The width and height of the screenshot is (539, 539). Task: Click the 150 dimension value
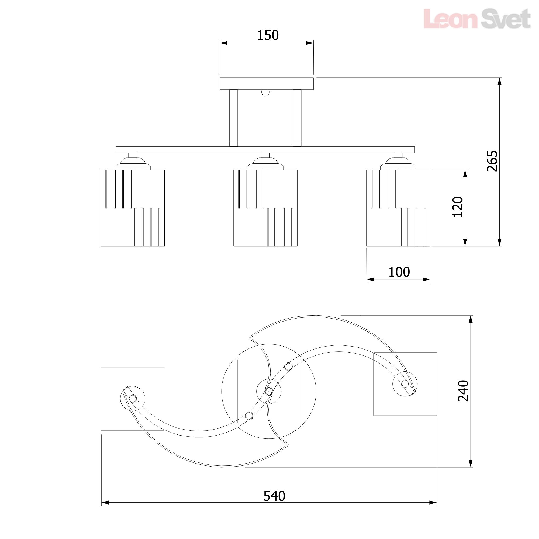268,35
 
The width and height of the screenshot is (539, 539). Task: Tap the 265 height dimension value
492,161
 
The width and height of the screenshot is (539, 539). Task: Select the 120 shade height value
458,207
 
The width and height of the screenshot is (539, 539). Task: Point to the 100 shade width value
399,272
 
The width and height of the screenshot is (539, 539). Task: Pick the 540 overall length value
274,496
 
